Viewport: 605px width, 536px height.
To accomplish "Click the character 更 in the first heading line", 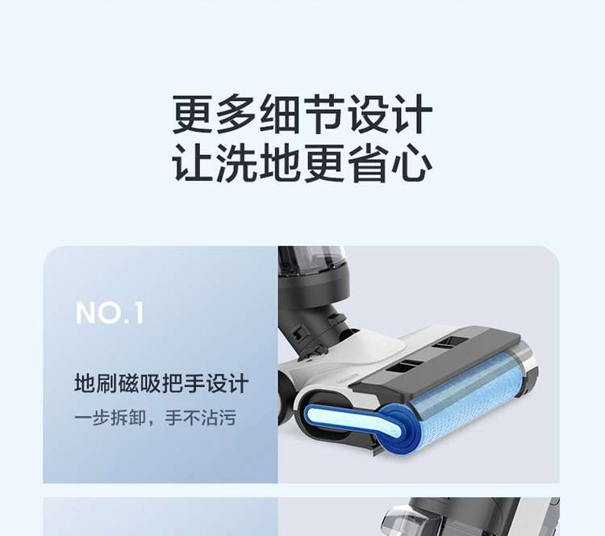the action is [x=193, y=115].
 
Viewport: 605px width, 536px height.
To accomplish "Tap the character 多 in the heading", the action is [x=236, y=115].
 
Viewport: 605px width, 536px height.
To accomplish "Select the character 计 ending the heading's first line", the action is [x=411, y=115].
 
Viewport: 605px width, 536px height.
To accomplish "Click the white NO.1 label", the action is [x=110, y=312].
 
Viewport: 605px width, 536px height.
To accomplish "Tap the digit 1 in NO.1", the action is [x=139, y=312].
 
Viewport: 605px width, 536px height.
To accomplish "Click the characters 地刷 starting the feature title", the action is [x=95, y=384].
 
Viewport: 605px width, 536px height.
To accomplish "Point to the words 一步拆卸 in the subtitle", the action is [x=111, y=418].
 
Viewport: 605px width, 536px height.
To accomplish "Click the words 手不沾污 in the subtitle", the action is [x=200, y=418].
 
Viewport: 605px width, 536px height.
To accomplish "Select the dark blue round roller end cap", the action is [x=400, y=429].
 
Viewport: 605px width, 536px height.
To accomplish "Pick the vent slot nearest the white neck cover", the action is [x=403, y=366].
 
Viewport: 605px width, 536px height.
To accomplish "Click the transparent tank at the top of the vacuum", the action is [x=311, y=258].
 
